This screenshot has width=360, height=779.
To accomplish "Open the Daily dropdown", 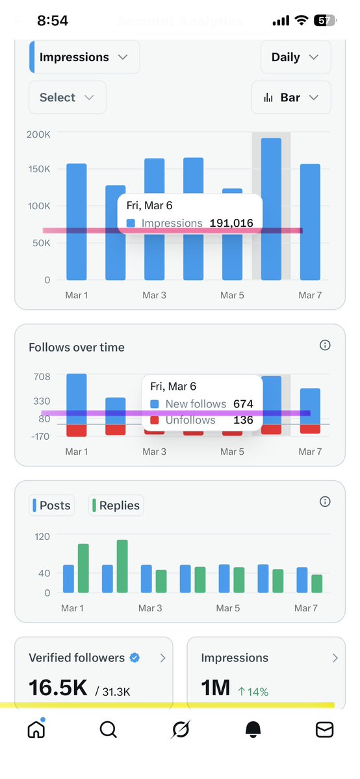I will tap(295, 57).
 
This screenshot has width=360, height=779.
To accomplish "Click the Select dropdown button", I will tap(67, 97).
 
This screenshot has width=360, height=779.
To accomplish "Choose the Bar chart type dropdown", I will tap(290, 97).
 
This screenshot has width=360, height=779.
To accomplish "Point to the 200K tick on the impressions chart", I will tap(38, 134).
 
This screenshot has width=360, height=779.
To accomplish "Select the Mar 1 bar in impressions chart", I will tap(76, 221).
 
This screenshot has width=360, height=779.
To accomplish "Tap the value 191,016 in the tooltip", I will tap(231, 223).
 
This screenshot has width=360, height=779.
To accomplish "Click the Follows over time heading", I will tap(77, 348).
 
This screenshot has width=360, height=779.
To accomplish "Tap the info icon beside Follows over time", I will tap(325, 346).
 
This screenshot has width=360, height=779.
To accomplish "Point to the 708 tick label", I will tap(41, 376).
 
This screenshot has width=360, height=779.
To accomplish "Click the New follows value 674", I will tap(243, 404).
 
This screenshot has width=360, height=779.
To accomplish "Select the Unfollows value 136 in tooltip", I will tap(243, 420).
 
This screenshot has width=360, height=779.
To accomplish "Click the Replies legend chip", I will tap(116, 505).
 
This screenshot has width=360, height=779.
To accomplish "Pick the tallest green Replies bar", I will tap(122, 566).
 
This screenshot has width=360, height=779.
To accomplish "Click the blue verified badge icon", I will tap(135, 658).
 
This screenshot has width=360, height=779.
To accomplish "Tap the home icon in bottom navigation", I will tap(36, 730).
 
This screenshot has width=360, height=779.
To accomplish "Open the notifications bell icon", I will tap(253, 730).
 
